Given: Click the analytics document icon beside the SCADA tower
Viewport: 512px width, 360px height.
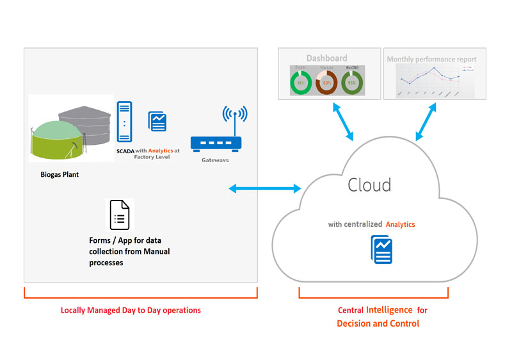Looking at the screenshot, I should [x=157, y=121].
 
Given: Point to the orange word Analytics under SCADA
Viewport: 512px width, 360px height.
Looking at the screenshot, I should [x=160, y=151].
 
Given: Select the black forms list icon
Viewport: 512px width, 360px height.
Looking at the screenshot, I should [x=120, y=215].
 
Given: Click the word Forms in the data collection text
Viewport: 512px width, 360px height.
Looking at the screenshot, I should [x=102, y=241].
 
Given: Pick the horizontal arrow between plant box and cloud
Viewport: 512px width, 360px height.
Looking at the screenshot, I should [x=265, y=188].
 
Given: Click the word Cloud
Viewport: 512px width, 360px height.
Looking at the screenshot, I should [x=369, y=185].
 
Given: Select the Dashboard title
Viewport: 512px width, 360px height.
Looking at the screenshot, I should [x=326, y=58].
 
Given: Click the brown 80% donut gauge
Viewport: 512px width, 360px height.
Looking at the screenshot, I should [x=326, y=83].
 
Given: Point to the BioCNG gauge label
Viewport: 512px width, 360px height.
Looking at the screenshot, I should [x=351, y=67].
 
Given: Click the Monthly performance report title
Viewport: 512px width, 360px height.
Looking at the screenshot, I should [x=431, y=60].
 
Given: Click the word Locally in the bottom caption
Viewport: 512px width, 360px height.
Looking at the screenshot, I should [x=75, y=310].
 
